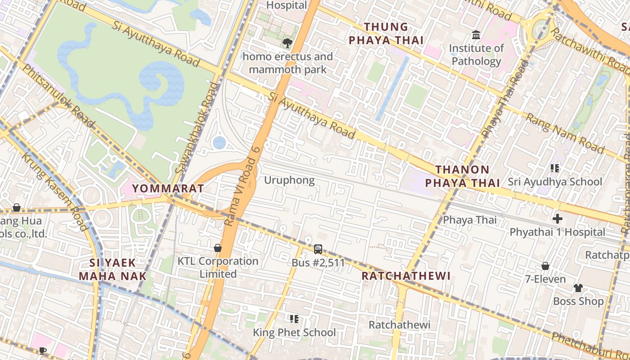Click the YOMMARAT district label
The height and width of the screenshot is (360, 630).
[168, 188]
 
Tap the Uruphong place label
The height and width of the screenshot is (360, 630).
[289, 180]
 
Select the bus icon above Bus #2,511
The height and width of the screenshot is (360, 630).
[318, 249]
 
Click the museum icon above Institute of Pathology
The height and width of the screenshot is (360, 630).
[476, 35]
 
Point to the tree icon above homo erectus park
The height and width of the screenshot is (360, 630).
[287, 43]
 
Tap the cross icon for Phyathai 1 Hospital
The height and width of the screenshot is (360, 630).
[557, 219]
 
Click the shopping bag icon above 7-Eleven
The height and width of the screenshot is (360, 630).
[545, 266]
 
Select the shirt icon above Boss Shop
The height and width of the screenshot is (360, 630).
[578, 288]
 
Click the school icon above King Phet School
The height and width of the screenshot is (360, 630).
[294, 319]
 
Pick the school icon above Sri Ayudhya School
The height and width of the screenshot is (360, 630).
[555, 168]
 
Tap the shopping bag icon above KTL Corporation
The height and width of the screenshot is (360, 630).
[218, 248]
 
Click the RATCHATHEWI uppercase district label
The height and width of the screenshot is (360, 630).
[406, 276]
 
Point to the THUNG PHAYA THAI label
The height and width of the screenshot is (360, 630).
[386, 34]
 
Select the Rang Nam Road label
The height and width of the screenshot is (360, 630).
[565, 133]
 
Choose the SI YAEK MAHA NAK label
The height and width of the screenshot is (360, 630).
[112, 269]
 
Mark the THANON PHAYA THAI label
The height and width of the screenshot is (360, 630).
[463, 176]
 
